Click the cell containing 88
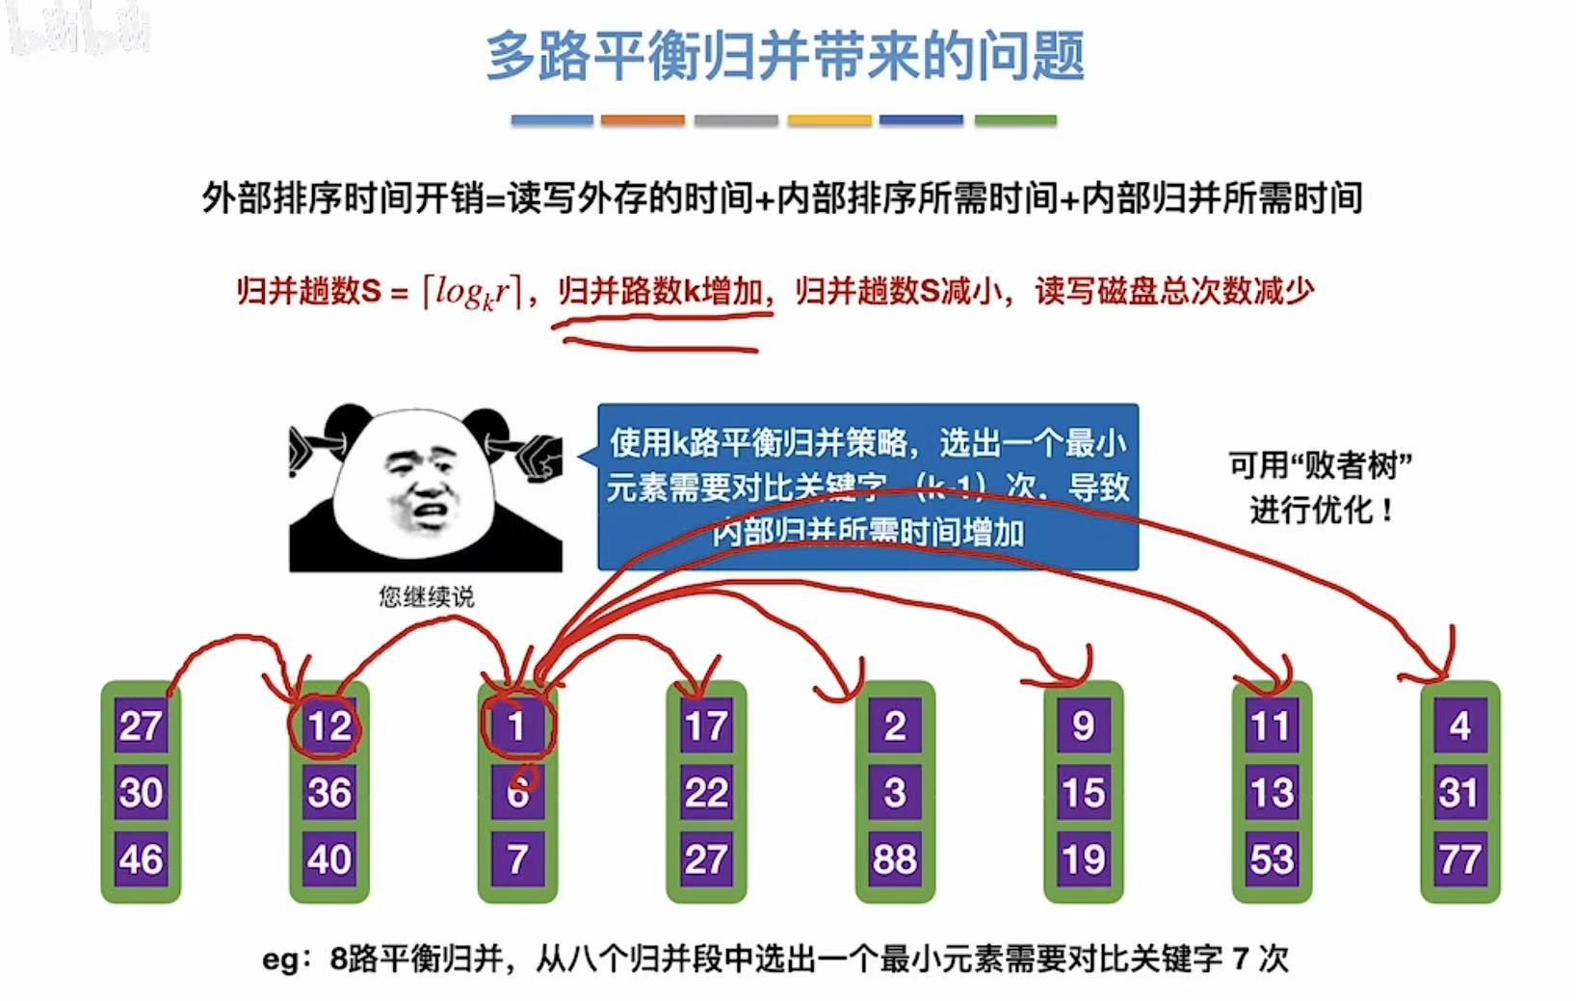pyautogui.click(x=895, y=858)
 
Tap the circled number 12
pyautogui.click(x=328, y=725)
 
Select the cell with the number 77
pyautogui.click(x=1459, y=858)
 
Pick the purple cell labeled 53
pyautogui.click(x=1272, y=858)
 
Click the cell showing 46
pyautogui.click(x=141, y=858)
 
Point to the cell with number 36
pyautogui.click(x=328, y=792)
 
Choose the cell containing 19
pyautogui.click(x=1084, y=858)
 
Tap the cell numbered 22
pyautogui.click(x=706, y=792)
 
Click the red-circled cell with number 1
pyautogui.click(x=517, y=725)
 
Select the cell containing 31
pyautogui.click(x=1459, y=792)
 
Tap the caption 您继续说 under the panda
pyautogui.click(x=426, y=597)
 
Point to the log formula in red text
pyautogui.click(x=472, y=291)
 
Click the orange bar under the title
pyautogui.click(x=643, y=120)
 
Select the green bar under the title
pyautogui.click(x=1015, y=120)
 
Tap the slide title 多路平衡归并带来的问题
pyautogui.click(x=785, y=55)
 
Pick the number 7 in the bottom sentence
pyautogui.click(x=1243, y=960)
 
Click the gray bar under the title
pyautogui.click(x=736, y=120)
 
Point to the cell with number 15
pyautogui.click(x=1084, y=792)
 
